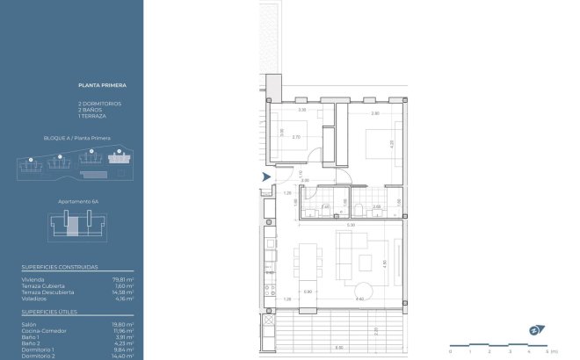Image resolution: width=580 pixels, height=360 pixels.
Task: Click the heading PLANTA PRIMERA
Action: [x=102, y=86]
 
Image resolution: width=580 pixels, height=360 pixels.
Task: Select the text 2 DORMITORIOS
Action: [x=99, y=104]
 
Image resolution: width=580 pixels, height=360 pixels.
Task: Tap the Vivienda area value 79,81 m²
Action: [x=122, y=279]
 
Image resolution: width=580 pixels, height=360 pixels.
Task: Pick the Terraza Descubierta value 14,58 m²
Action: [x=122, y=292]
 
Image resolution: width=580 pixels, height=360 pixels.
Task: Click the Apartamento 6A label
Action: [x=75, y=201]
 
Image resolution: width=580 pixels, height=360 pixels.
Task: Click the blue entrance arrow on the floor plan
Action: [x=265, y=178]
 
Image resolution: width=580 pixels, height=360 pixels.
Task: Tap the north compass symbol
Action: [x=535, y=330]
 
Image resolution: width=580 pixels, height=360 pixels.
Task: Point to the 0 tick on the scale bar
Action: [x=450, y=350]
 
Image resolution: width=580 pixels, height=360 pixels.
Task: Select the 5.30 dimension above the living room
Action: [x=351, y=226]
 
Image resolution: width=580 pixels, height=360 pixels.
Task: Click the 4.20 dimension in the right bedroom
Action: [x=391, y=142]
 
